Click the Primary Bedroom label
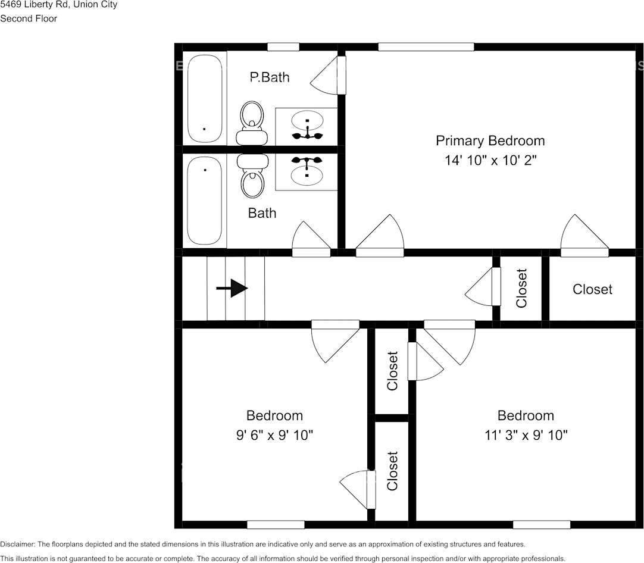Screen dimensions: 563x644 point(490,141)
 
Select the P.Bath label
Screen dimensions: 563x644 point(270,77)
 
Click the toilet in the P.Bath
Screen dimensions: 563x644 point(252,122)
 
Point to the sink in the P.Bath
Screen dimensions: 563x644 point(307,121)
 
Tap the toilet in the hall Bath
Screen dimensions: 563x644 point(252,176)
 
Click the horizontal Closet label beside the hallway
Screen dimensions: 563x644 point(592,289)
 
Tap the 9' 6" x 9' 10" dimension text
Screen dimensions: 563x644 point(274,435)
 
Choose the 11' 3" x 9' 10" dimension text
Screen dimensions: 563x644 point(526,435)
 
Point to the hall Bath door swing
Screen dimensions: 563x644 point(310,239)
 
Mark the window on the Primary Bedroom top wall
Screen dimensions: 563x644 point(426,47)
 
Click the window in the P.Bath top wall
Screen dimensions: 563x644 point(283,47)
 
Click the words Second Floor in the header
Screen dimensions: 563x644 point(29,18)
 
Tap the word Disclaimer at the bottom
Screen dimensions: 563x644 point(17,545)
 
